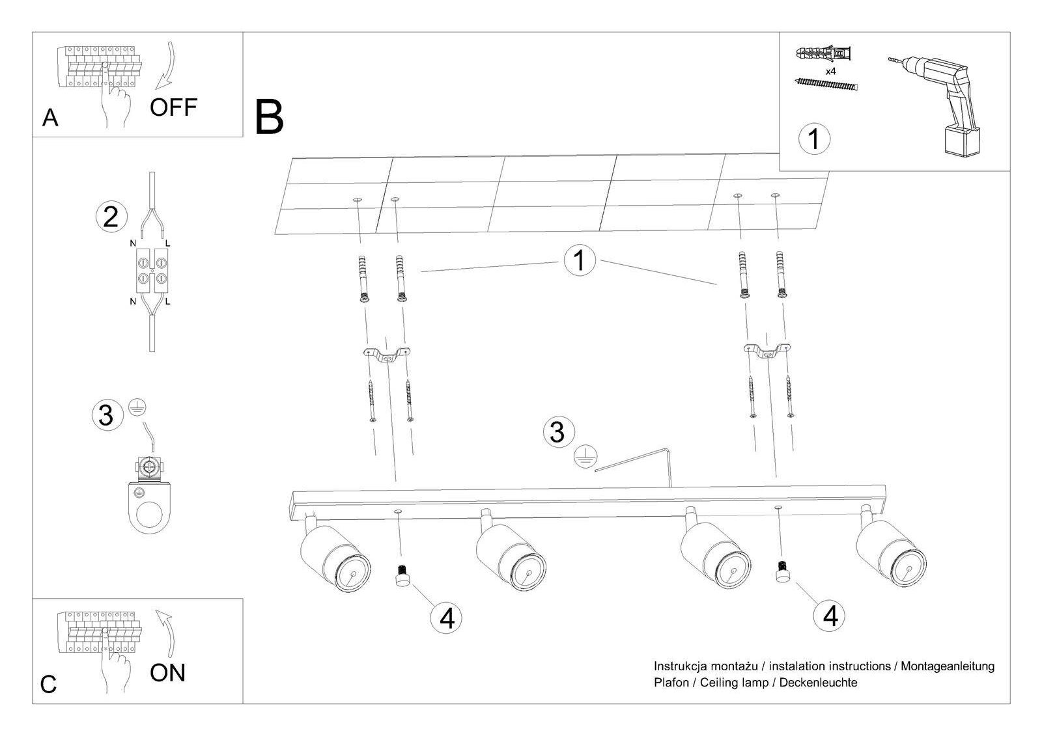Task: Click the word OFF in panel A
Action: (173, 107)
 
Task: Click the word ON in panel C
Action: (167, 672)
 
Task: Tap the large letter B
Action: (269, 116)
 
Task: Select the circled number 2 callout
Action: (111, 216)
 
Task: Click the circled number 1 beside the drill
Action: (814, 139)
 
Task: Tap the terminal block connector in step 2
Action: (151, 271)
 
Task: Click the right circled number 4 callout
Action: (830, 614)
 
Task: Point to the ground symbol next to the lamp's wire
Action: (584, 457)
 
